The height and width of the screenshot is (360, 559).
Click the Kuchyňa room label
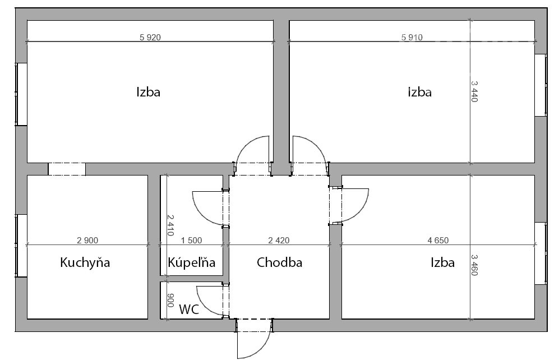(x=85, y=262)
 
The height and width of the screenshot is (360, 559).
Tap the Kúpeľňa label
(x=191, y=262)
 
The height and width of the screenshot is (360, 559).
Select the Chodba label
(x=279, y=262)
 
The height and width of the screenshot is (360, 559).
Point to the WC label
(x=189, y=310)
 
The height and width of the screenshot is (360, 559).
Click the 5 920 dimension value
(x=150, y=37)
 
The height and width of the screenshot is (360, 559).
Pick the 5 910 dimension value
(x=412, y=37)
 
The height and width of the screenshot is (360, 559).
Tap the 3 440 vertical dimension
(x=474, y=91)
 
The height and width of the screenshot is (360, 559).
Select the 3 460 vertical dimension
(x=474, y=265)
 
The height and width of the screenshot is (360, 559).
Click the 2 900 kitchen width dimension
(x=87, y=241)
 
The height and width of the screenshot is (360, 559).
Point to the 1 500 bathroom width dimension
(x=191, y=241)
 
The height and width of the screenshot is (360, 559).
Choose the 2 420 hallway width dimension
(x=279, y=241)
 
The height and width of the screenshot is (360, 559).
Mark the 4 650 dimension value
(x=438, y=241)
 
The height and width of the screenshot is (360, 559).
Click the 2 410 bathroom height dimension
(x=170, y=225)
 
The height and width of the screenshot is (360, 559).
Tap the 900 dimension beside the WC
(x=170, y=300)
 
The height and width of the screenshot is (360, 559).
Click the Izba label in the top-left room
(x=149, y=92)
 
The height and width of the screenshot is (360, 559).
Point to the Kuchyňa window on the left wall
(x=21, y=246)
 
